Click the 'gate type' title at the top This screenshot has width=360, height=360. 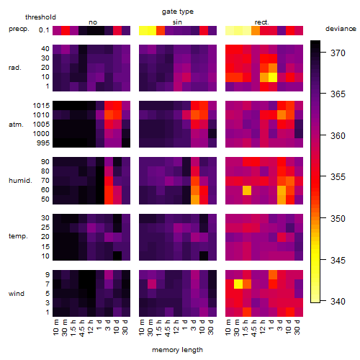[x=178, y=12]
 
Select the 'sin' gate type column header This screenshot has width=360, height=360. [x=177, y=22]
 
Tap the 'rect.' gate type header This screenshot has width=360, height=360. [x=262, y=22]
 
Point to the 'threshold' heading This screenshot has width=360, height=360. [x=40, y=17]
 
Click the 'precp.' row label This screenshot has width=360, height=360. [x=19, y=29]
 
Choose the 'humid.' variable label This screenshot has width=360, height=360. [x=20, y=181]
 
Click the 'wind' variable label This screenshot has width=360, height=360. [x=17, y=294]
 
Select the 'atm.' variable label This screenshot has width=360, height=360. [x=16, y=125]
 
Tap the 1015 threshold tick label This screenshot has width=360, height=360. [x=41, y=106]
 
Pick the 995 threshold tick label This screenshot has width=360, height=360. [x=43, y=143]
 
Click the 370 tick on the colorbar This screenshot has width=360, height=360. [x=338, y=53]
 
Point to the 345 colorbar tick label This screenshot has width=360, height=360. [x=338, y=260]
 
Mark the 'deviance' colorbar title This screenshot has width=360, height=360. [x=341, y=29]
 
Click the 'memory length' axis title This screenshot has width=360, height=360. [x=178, y=350]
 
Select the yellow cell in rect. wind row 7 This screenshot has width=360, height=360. [x=238, y=284]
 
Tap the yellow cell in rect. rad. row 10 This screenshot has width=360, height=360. [x=273, y=77]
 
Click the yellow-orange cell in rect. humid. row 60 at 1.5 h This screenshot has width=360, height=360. [x=247, y=190]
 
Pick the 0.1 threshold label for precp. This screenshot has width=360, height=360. [x=44, y=30]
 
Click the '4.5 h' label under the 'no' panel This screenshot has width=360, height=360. [x=82, y=328]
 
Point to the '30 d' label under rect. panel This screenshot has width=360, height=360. [x=297, y=327]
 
